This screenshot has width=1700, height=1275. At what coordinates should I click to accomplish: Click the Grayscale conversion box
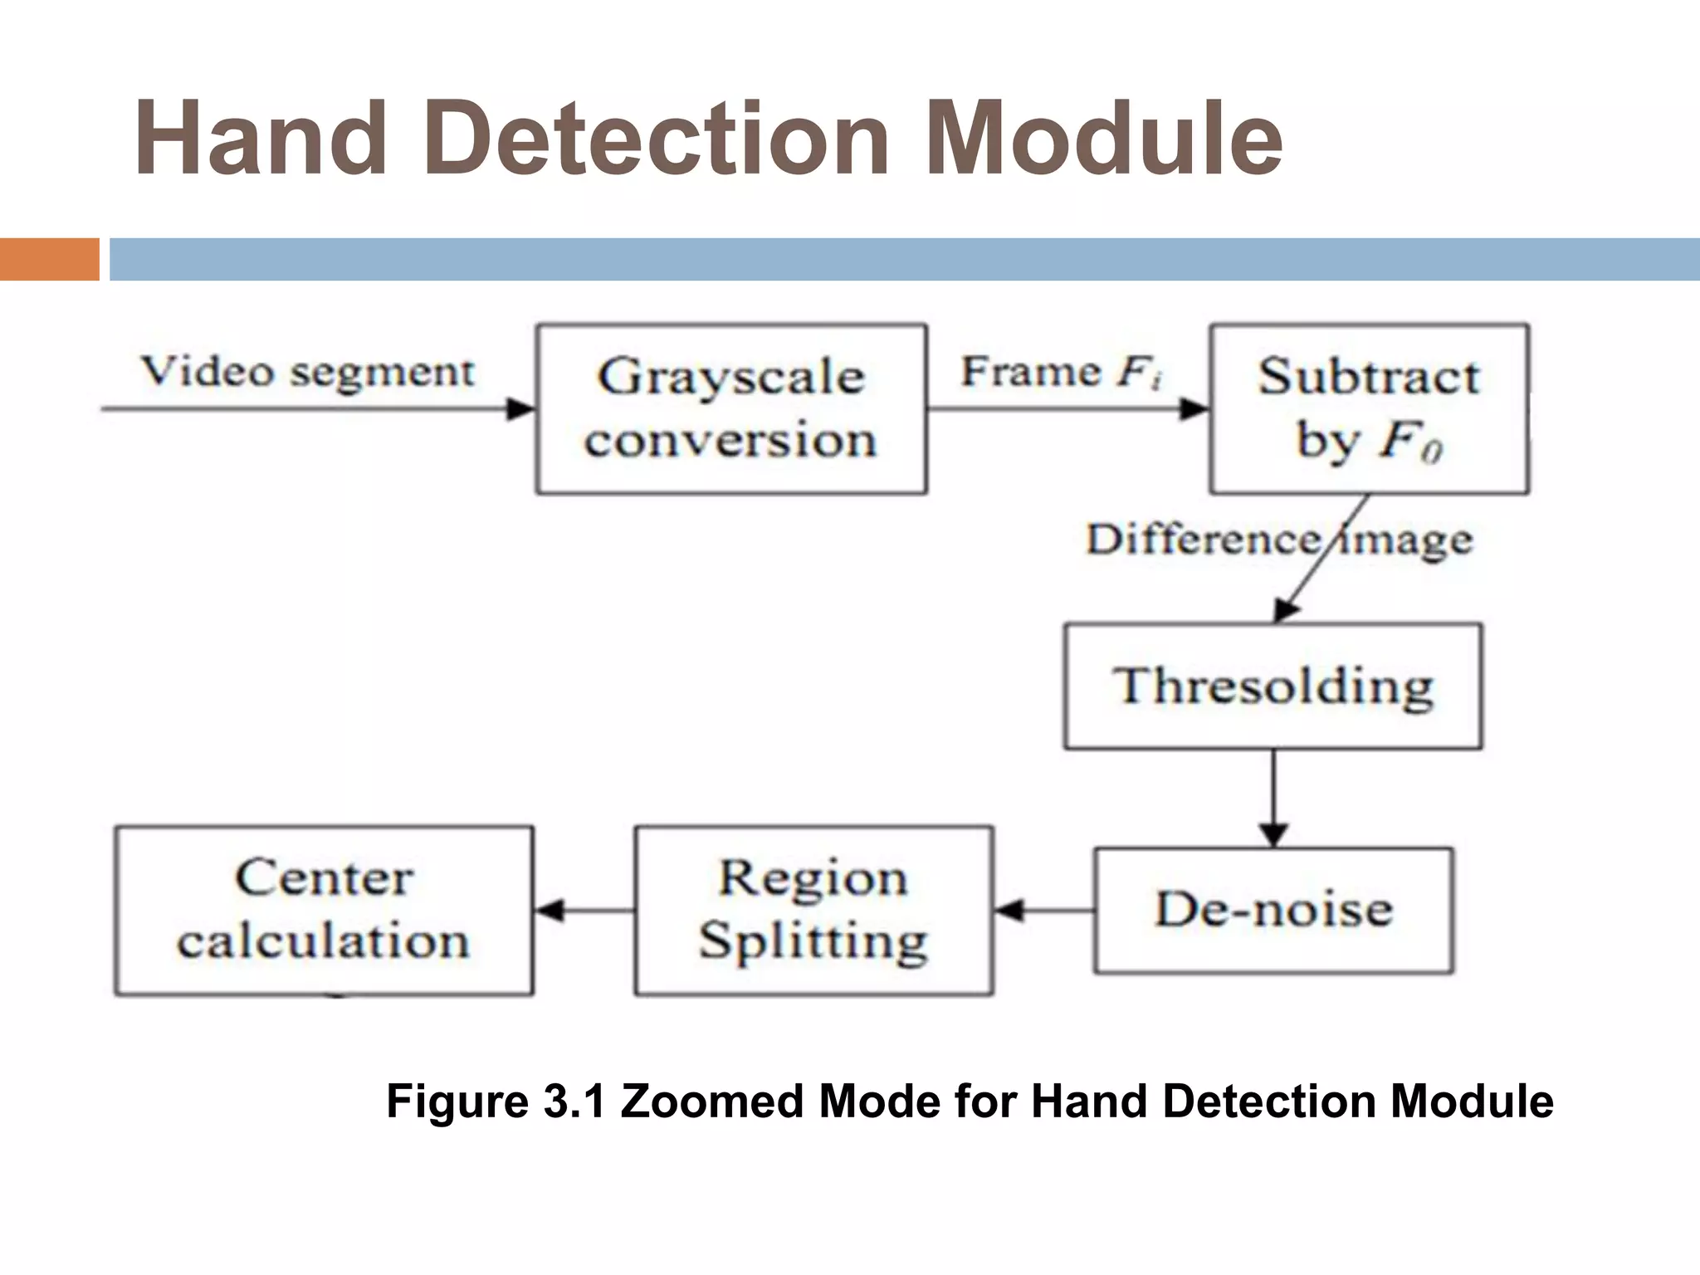click(731, 409)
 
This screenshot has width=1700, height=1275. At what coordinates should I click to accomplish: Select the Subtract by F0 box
click(1369, 409)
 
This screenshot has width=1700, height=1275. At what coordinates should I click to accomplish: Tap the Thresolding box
click(1273, 686)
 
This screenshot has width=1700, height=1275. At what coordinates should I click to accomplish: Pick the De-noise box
click(1273, 910)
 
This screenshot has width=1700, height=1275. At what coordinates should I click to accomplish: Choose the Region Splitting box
click(813, 910)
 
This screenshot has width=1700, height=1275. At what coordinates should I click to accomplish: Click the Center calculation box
click(324, 910)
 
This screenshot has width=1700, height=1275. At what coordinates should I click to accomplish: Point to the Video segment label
click(308, 371)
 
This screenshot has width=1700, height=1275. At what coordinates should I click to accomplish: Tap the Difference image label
click(1278, 540)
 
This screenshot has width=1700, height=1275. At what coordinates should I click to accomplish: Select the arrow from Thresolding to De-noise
click(1273, 797)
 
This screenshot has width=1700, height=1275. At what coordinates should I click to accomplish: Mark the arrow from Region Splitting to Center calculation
click(584, 911)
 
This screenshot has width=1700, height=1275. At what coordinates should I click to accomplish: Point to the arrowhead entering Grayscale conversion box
click(522, 408)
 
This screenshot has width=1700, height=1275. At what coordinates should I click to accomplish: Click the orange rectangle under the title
click(49, 259)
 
